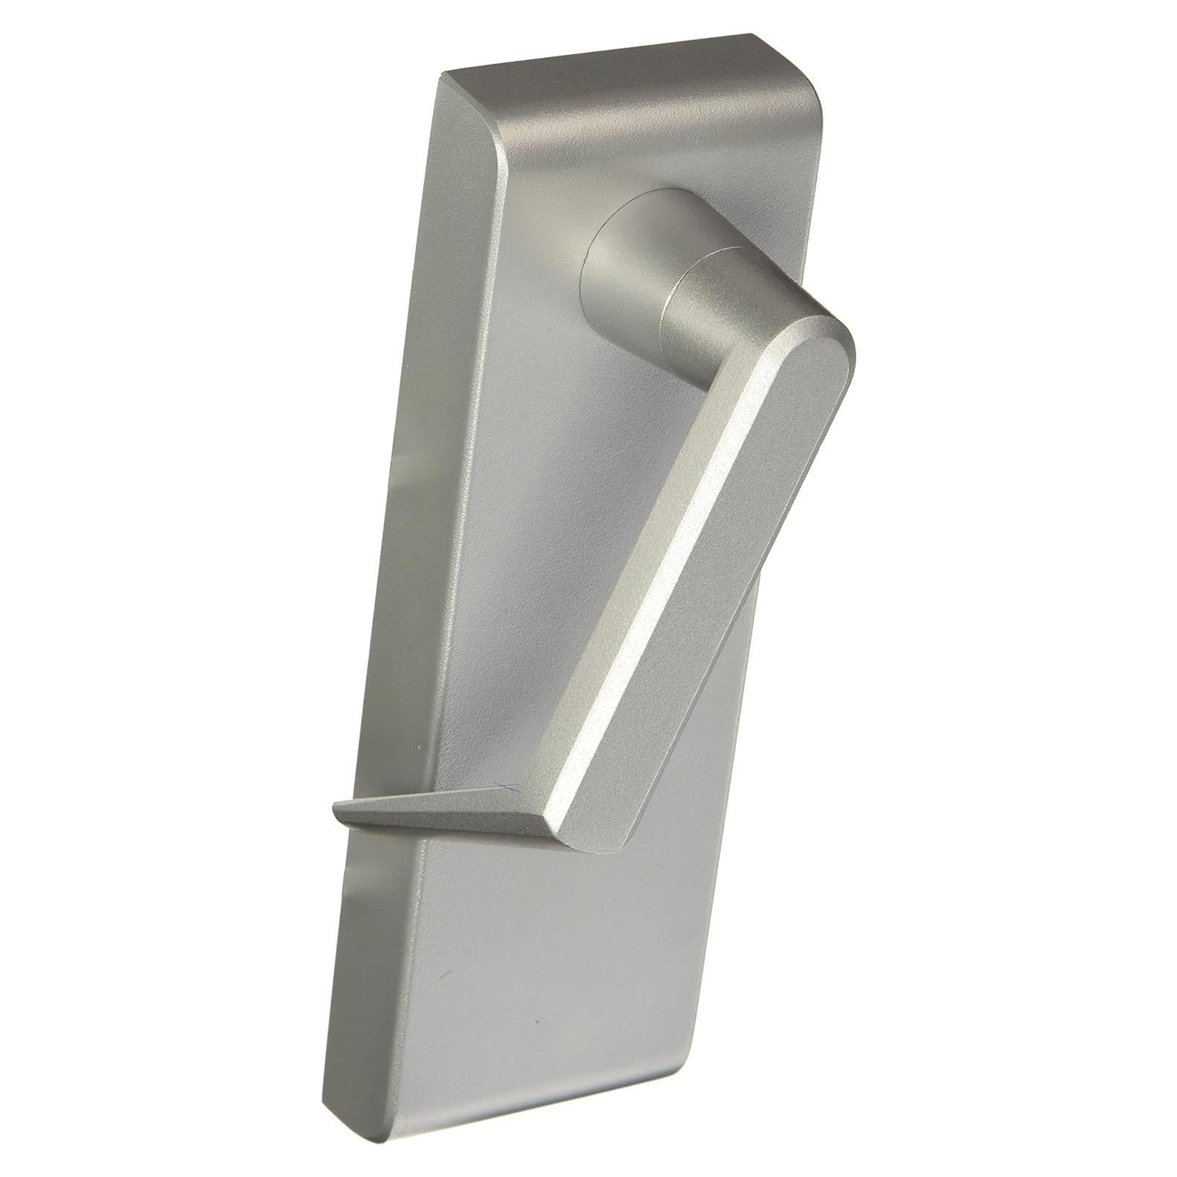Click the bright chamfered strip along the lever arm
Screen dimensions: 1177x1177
[x=653, y=594]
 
